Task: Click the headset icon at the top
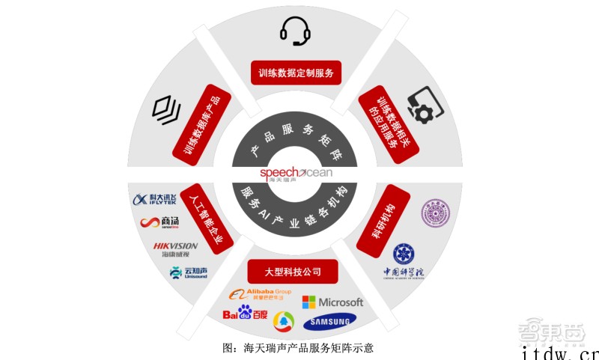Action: pos(294,30)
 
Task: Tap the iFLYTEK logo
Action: pos(156,198)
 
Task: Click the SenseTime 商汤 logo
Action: pos(159,222)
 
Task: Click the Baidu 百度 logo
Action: pos(244,314)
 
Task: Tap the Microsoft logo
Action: pos(332,302)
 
